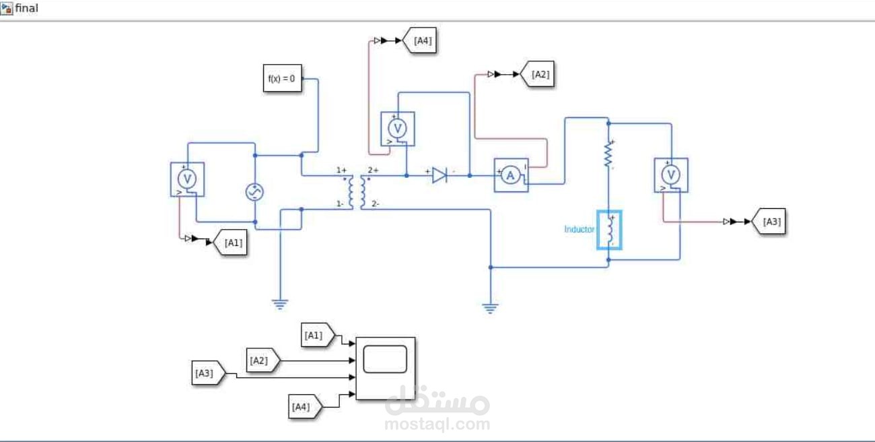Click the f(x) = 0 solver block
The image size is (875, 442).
283,78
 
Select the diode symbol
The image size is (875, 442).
440,175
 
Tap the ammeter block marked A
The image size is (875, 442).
511,175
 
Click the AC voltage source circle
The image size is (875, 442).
254,192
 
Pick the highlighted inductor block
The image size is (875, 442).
609,230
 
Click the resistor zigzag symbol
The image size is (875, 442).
608,154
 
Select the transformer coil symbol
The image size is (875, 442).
357,192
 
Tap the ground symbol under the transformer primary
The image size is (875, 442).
280,305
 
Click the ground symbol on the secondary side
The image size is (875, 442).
490,308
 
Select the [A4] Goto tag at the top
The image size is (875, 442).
419,40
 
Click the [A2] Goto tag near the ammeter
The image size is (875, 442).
537,74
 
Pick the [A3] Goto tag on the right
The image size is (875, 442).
769,222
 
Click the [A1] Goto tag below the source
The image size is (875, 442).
230,243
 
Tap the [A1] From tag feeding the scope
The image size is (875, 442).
318,336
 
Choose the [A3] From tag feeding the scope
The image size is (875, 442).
209,373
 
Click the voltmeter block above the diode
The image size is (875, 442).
398,129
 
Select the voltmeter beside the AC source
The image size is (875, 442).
188,179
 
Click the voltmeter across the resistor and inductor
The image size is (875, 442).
671,175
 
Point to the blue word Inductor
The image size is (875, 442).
580,229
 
